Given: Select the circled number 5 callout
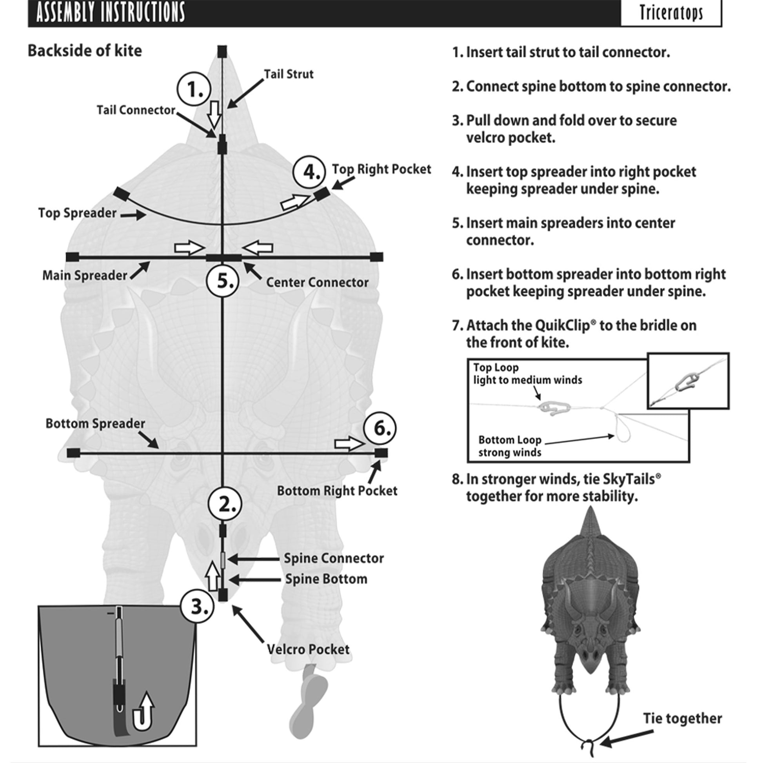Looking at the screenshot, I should click(x=223, y=281).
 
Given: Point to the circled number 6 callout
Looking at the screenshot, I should click(x=380, y=428).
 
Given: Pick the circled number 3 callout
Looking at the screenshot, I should click(x=198, y=606).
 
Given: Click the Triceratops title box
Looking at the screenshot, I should click(x=671, y=13).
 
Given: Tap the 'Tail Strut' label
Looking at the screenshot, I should click(x=288, y=74).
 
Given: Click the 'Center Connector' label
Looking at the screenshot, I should click(x=317, y=282).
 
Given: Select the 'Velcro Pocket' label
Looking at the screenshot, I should click(x=308, y=649).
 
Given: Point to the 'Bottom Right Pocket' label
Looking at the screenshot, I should click(x=337, y=490).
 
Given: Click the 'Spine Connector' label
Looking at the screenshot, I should click(x=334, y=558).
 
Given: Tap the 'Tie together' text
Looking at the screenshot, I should click(x=683, y=718).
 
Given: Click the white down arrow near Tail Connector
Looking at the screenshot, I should click(x=214, y=114).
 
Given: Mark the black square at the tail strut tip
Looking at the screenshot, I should click(x=222, y=51).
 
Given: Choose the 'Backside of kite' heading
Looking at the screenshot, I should click(x=85, y=51).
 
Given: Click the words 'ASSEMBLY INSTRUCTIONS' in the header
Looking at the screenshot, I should click(x=111, y=12).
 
